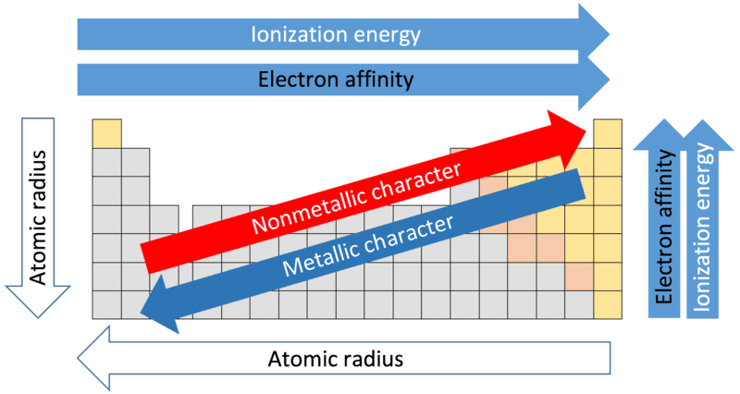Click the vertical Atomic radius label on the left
click(38, 217)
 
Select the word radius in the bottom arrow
click(373, 359)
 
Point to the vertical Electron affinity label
click(663, 227)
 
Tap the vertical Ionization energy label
click(702, 228)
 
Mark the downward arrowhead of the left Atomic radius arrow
click(38, 301)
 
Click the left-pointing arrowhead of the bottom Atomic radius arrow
click(93, 359)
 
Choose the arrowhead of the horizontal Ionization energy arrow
click(594, 34)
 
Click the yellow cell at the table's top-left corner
click(106, 133)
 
